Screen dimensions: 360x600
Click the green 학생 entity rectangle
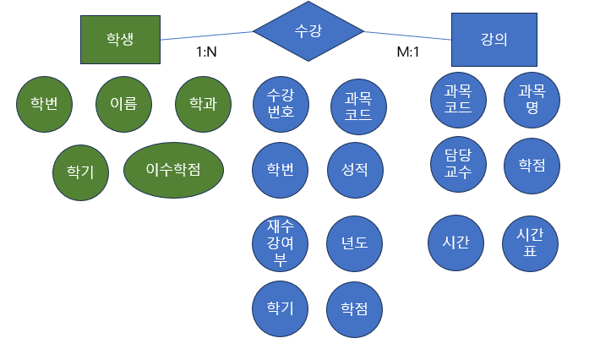click(x=120, y=39)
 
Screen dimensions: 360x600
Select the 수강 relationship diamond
click(x=308, y=31)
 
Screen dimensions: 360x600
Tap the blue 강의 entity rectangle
click(x=494, y=39)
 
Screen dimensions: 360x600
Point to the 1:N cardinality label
click(x=206, y=52)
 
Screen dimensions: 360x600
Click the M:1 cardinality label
click(x=409, y=52)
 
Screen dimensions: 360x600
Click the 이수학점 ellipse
click(x=173, y=170)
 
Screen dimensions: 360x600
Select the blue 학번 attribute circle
click(x=281, y=170)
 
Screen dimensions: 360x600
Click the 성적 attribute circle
click(x=354, y=170)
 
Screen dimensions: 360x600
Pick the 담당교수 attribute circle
click(x=457, y=164)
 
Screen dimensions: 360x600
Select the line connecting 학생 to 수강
click(x=207, y=35)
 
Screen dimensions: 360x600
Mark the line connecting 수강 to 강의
click(x=408, y=35)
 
